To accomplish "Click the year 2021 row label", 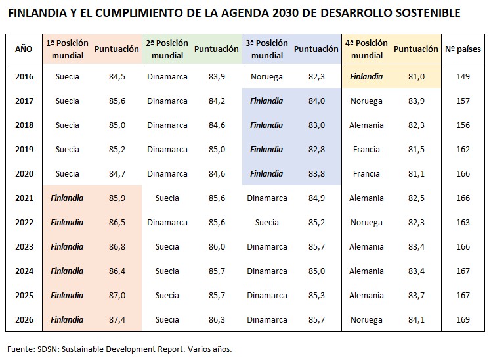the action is pyautogui.click(x=24, y=198).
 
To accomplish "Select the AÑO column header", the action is pyautogui.click(x=24, y=49).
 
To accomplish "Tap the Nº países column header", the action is pyautogui.click(x=463, y=49).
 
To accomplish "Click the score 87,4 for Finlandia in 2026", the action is pyautogui.click(x=117, y=320).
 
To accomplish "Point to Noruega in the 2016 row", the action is pyautogui.click(x=266, y=77).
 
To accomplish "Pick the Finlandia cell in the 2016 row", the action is pyautogui.click(x=366, y=76).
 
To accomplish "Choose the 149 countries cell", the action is pyautogui.click(x=463, y=76).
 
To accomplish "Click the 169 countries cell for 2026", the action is pyautogui.click(x=463, y=320).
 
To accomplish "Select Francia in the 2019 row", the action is pyautogui.click(x=366, y=150).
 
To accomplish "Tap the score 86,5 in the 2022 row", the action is pyautogui.click(x=117, y=222).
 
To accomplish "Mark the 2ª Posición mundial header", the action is pyautogui.click(x=167, y=49).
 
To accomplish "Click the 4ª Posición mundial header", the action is pyautogui.click(x=366, y=49).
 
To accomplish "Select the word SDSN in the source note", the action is pyautogui.click(x=47, y=349).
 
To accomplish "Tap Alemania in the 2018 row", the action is pyautogui.click(x=366, y=125).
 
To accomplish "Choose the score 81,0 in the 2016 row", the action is pyautogui.click(x=416, y=76).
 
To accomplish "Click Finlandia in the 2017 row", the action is pyautogui.click(x=266, y=101).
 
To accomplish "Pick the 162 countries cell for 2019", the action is pyautogui.click(x=463, y=150).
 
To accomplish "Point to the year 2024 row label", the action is pyautogui.click(x=24, y=271).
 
